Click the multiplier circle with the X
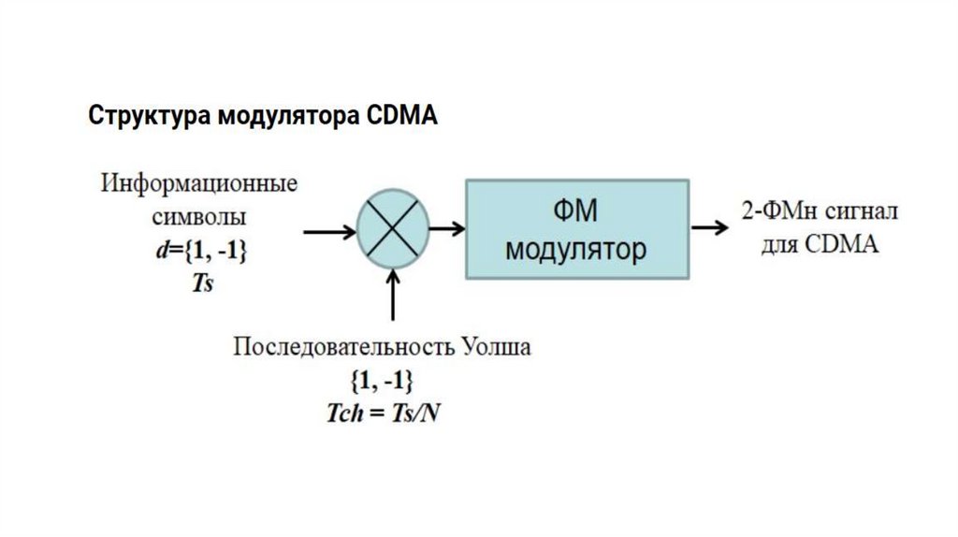tap(392, 227)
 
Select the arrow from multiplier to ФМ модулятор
tap(446, 227)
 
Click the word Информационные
tap(198, 183)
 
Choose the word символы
tap(198, 218)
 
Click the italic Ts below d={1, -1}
tap(202, 283)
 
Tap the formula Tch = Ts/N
tap(382, 413)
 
